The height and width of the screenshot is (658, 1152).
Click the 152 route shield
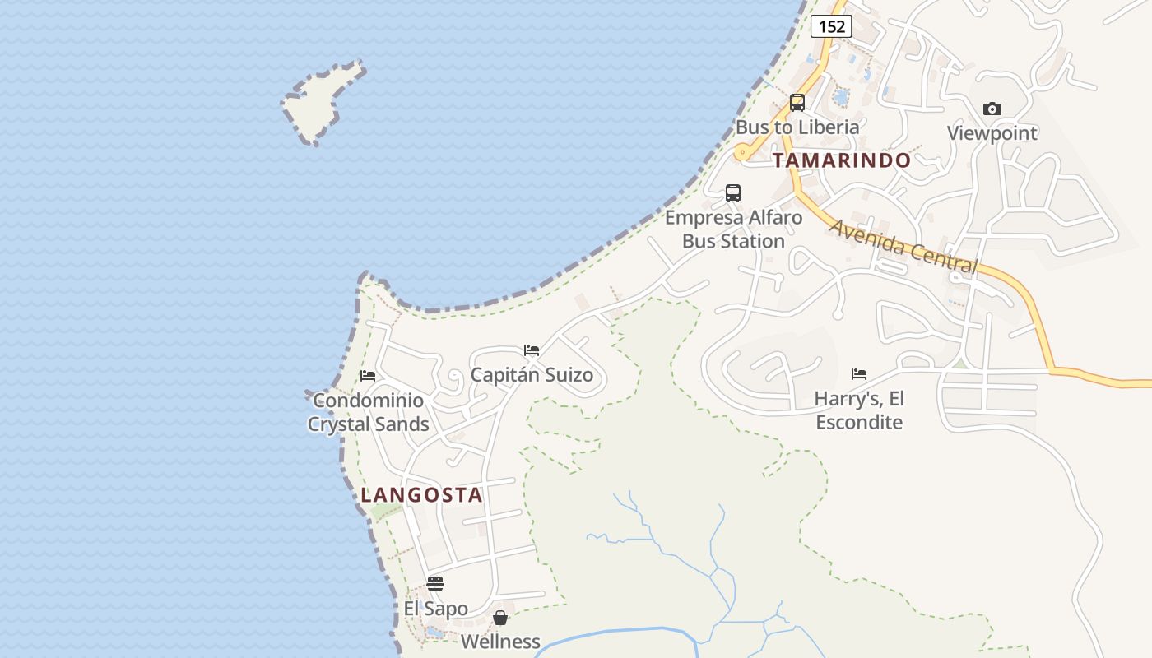pyautogui.click(x=831, y=26)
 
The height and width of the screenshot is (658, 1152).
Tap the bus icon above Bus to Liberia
pyautogui.click(x=797, y=103)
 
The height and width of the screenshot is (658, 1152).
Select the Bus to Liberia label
pyautogui.click(x=797, y=127)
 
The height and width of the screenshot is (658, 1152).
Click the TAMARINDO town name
pyautogui.click(x=842, y=160)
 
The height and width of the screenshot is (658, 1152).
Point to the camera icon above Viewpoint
pyautogui.click(x=992, y=109)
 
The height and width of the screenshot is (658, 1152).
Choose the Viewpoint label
pyautogui.click(x=992, y=133)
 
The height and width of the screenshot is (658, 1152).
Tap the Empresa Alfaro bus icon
pyautogui.click(x=732, y=193)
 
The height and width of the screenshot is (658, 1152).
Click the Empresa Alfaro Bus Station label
pyautogui.click(x=733, y=229)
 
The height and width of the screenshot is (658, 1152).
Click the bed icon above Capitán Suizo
pyautogui.click(x=532, y=350)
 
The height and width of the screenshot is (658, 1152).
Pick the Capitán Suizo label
pyautogui.click(x=532, y=375)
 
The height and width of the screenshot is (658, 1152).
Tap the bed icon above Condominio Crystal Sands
pyautogui.click(x=368, y=376)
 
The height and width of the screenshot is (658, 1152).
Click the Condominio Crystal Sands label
pyautogui.click(x=368, y=412)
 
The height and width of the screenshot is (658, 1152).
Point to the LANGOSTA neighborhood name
pyautogui.click(x=421, y=495)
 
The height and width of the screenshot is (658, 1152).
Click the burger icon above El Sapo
pyautogui.click(x=435, y=584)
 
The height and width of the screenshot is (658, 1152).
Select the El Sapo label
pyautogui.click(x=435, y=609)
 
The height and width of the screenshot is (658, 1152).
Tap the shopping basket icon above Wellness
pyautogui.click(x=500, y=618)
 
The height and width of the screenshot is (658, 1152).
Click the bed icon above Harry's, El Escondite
pyautogui.click(x=859, y=374)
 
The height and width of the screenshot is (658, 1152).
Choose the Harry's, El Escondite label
pyautogui.click(x=859, y=410)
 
